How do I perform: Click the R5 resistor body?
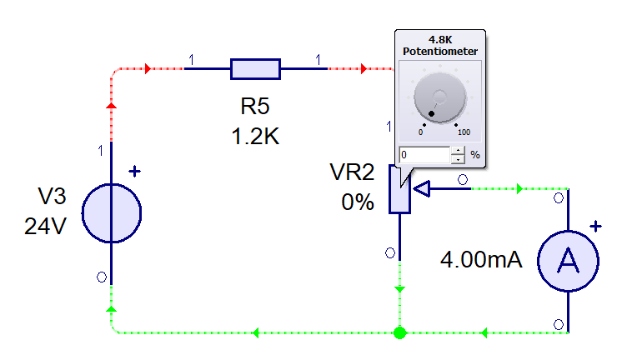[255, 69]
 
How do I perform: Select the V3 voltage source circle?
[112, 212]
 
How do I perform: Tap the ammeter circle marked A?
[568, 261]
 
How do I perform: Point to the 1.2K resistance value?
[255, 136]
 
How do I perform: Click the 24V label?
[45, 226]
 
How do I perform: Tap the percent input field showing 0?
[424, 155]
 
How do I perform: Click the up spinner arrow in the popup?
[457, 151]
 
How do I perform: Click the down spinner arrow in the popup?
[457, 159]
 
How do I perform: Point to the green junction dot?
[399, 333]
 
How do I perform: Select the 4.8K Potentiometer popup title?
[440, 46]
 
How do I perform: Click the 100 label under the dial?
[463, 132]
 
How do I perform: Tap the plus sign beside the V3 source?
[134, 172]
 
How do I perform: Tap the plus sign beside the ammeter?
[595, 225]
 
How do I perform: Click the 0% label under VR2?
[357, 202]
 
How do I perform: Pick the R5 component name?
[255, 107]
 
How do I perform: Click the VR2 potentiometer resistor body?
[399, 191]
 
